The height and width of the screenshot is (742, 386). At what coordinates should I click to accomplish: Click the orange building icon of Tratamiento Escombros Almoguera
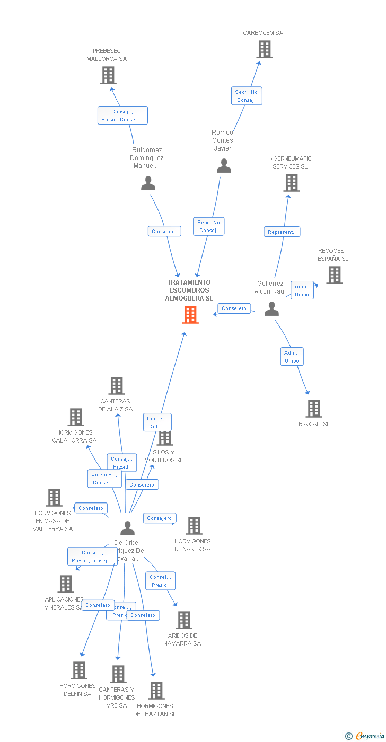190,315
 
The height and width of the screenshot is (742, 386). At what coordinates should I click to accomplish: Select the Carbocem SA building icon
264,49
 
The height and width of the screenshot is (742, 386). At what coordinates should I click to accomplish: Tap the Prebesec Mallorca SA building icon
108,75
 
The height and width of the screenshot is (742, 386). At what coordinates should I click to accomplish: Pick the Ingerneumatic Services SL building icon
291,183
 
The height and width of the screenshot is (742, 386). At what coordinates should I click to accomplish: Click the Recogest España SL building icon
334,275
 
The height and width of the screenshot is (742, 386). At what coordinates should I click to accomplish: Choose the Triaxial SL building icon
314,409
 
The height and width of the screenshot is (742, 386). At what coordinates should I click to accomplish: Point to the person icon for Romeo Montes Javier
224,166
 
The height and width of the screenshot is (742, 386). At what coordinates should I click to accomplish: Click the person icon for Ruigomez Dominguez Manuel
148,183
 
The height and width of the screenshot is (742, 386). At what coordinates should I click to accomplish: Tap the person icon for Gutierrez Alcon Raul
271,308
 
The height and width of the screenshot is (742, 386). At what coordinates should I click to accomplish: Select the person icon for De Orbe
127,528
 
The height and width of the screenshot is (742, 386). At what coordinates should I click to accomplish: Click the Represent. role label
282,232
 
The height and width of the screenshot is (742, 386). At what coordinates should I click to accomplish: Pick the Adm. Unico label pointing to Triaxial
292,357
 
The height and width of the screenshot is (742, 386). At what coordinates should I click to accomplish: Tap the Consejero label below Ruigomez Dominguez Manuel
164,231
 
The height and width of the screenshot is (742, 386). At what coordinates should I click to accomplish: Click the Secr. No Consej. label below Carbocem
247,96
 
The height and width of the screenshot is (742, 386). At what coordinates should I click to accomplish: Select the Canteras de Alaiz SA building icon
116,386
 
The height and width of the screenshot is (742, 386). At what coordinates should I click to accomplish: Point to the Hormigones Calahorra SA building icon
76,417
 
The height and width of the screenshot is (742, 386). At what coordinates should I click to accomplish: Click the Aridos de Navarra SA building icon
183,620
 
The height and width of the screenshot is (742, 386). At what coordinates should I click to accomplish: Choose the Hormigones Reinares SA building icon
194,526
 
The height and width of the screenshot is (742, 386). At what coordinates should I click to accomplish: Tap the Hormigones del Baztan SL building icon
156,691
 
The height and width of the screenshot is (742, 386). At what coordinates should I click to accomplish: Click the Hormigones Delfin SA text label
77,690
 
